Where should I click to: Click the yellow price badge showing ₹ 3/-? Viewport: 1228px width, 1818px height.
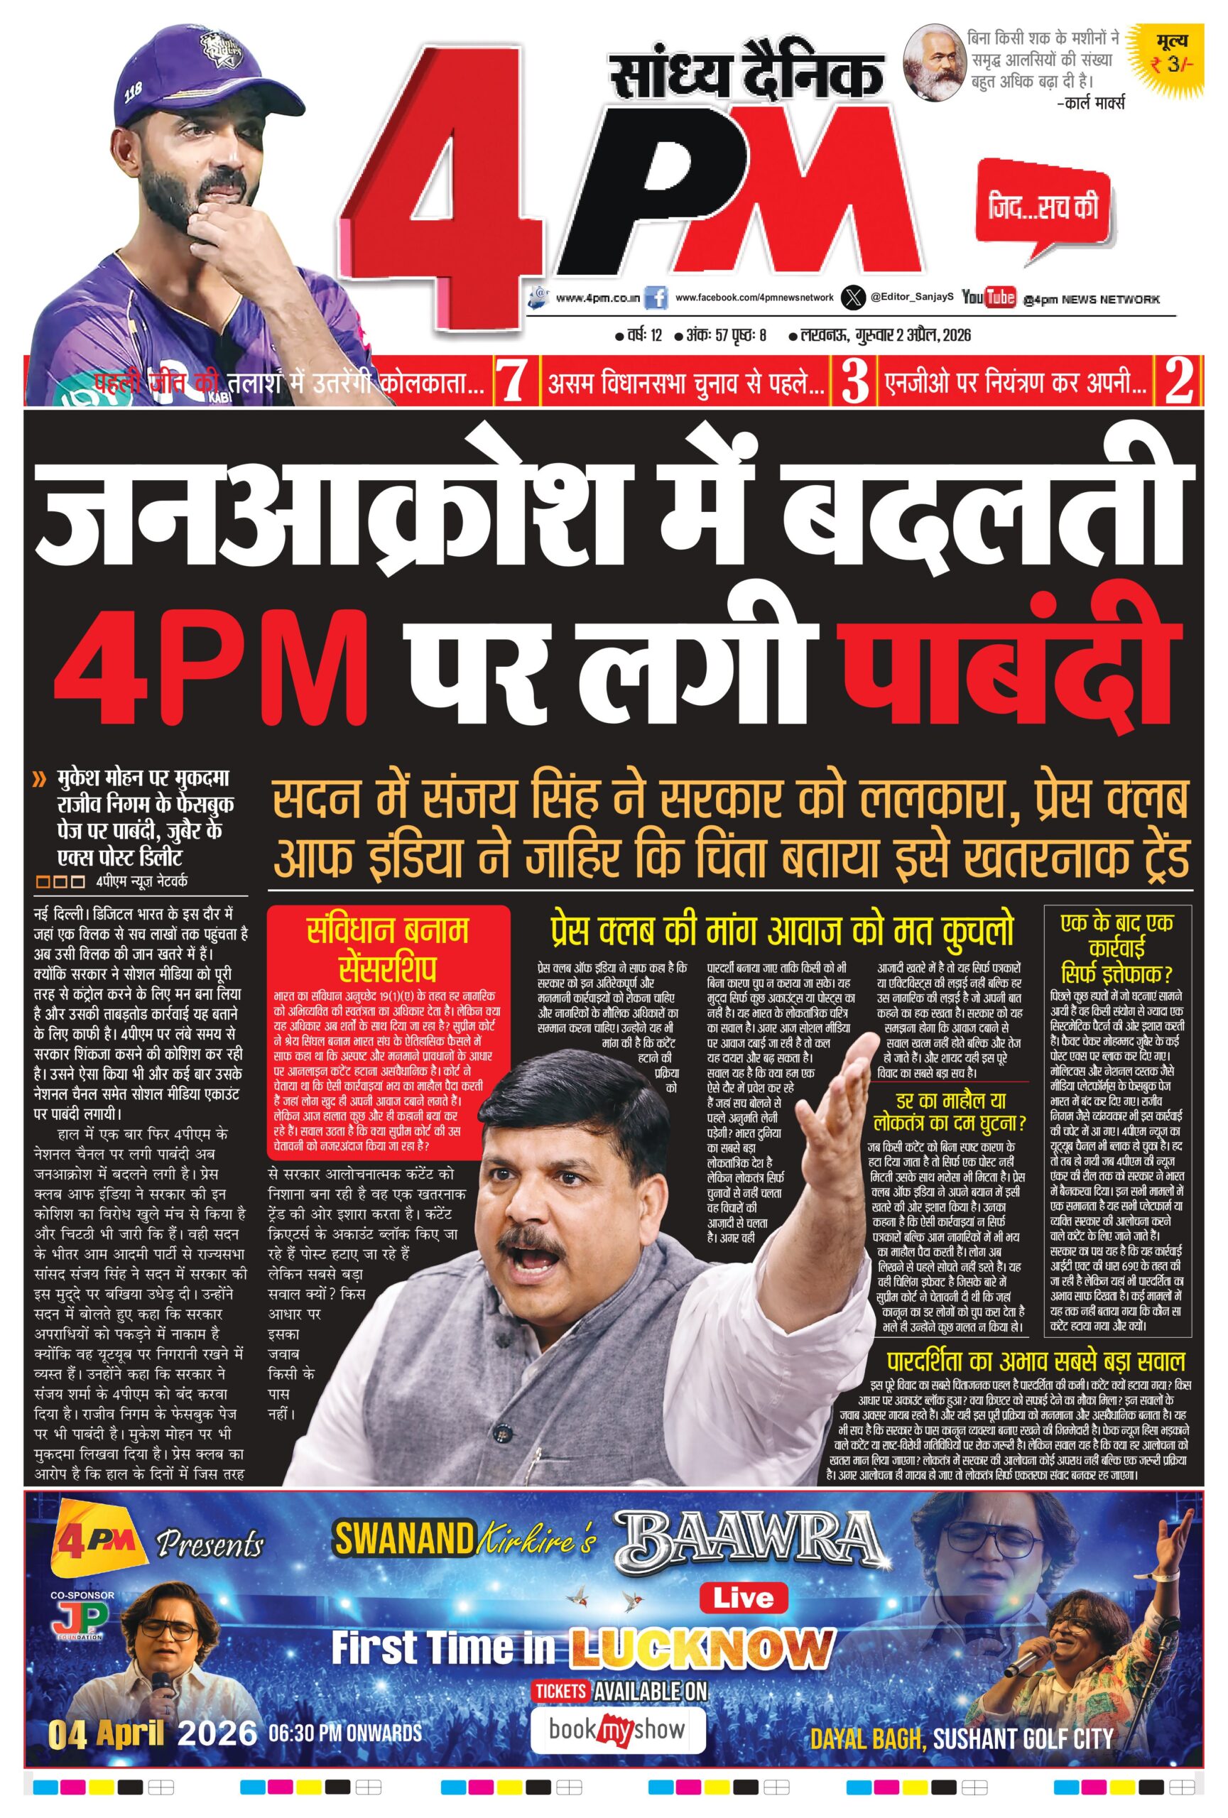click(x=1168, y=55)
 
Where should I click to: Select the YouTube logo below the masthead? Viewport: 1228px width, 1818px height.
click(x=988, y=298)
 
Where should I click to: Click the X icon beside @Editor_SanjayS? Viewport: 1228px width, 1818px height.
click(x=853, y=298)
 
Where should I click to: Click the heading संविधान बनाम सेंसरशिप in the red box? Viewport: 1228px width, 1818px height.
click(x=387, y=948)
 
